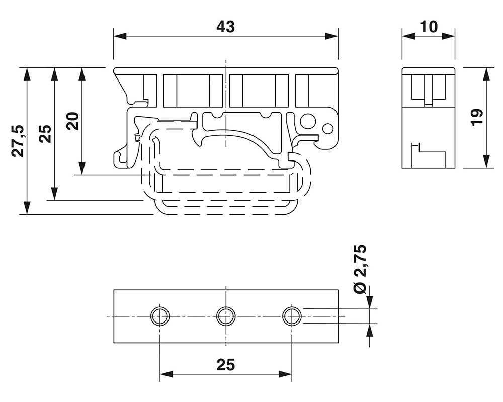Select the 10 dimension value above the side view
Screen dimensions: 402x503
[x=429, y=27]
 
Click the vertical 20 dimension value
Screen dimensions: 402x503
[x=73, y=121]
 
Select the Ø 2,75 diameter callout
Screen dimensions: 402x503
[x=360, y=269]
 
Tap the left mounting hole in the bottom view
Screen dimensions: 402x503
[x=160, y=316]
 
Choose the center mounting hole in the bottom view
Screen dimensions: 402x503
[x=226, y=316]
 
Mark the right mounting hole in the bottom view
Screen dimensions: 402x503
[x=292, y=316]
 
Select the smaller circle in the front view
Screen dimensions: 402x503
[x=327, y=128]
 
